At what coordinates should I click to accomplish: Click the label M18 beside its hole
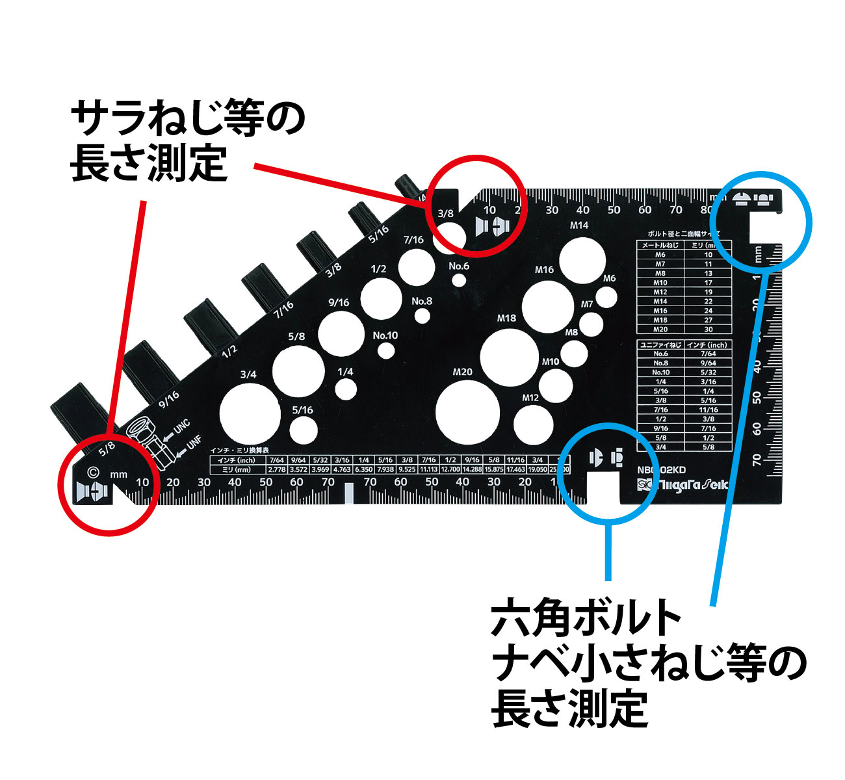point(507,318)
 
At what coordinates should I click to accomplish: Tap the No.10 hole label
point(385,335)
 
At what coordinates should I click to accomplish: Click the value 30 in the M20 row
point(708,330)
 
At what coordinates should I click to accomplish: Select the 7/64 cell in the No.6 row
point(708,354)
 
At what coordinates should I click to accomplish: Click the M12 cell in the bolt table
point(660,292)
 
